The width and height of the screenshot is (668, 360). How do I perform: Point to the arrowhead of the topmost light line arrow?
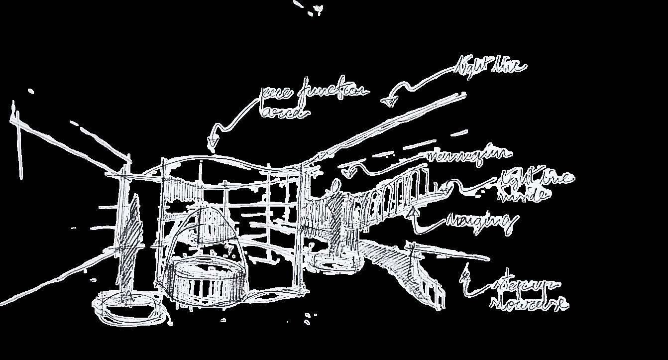click(390, 102)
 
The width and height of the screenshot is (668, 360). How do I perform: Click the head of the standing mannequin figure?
click(336, 185)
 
